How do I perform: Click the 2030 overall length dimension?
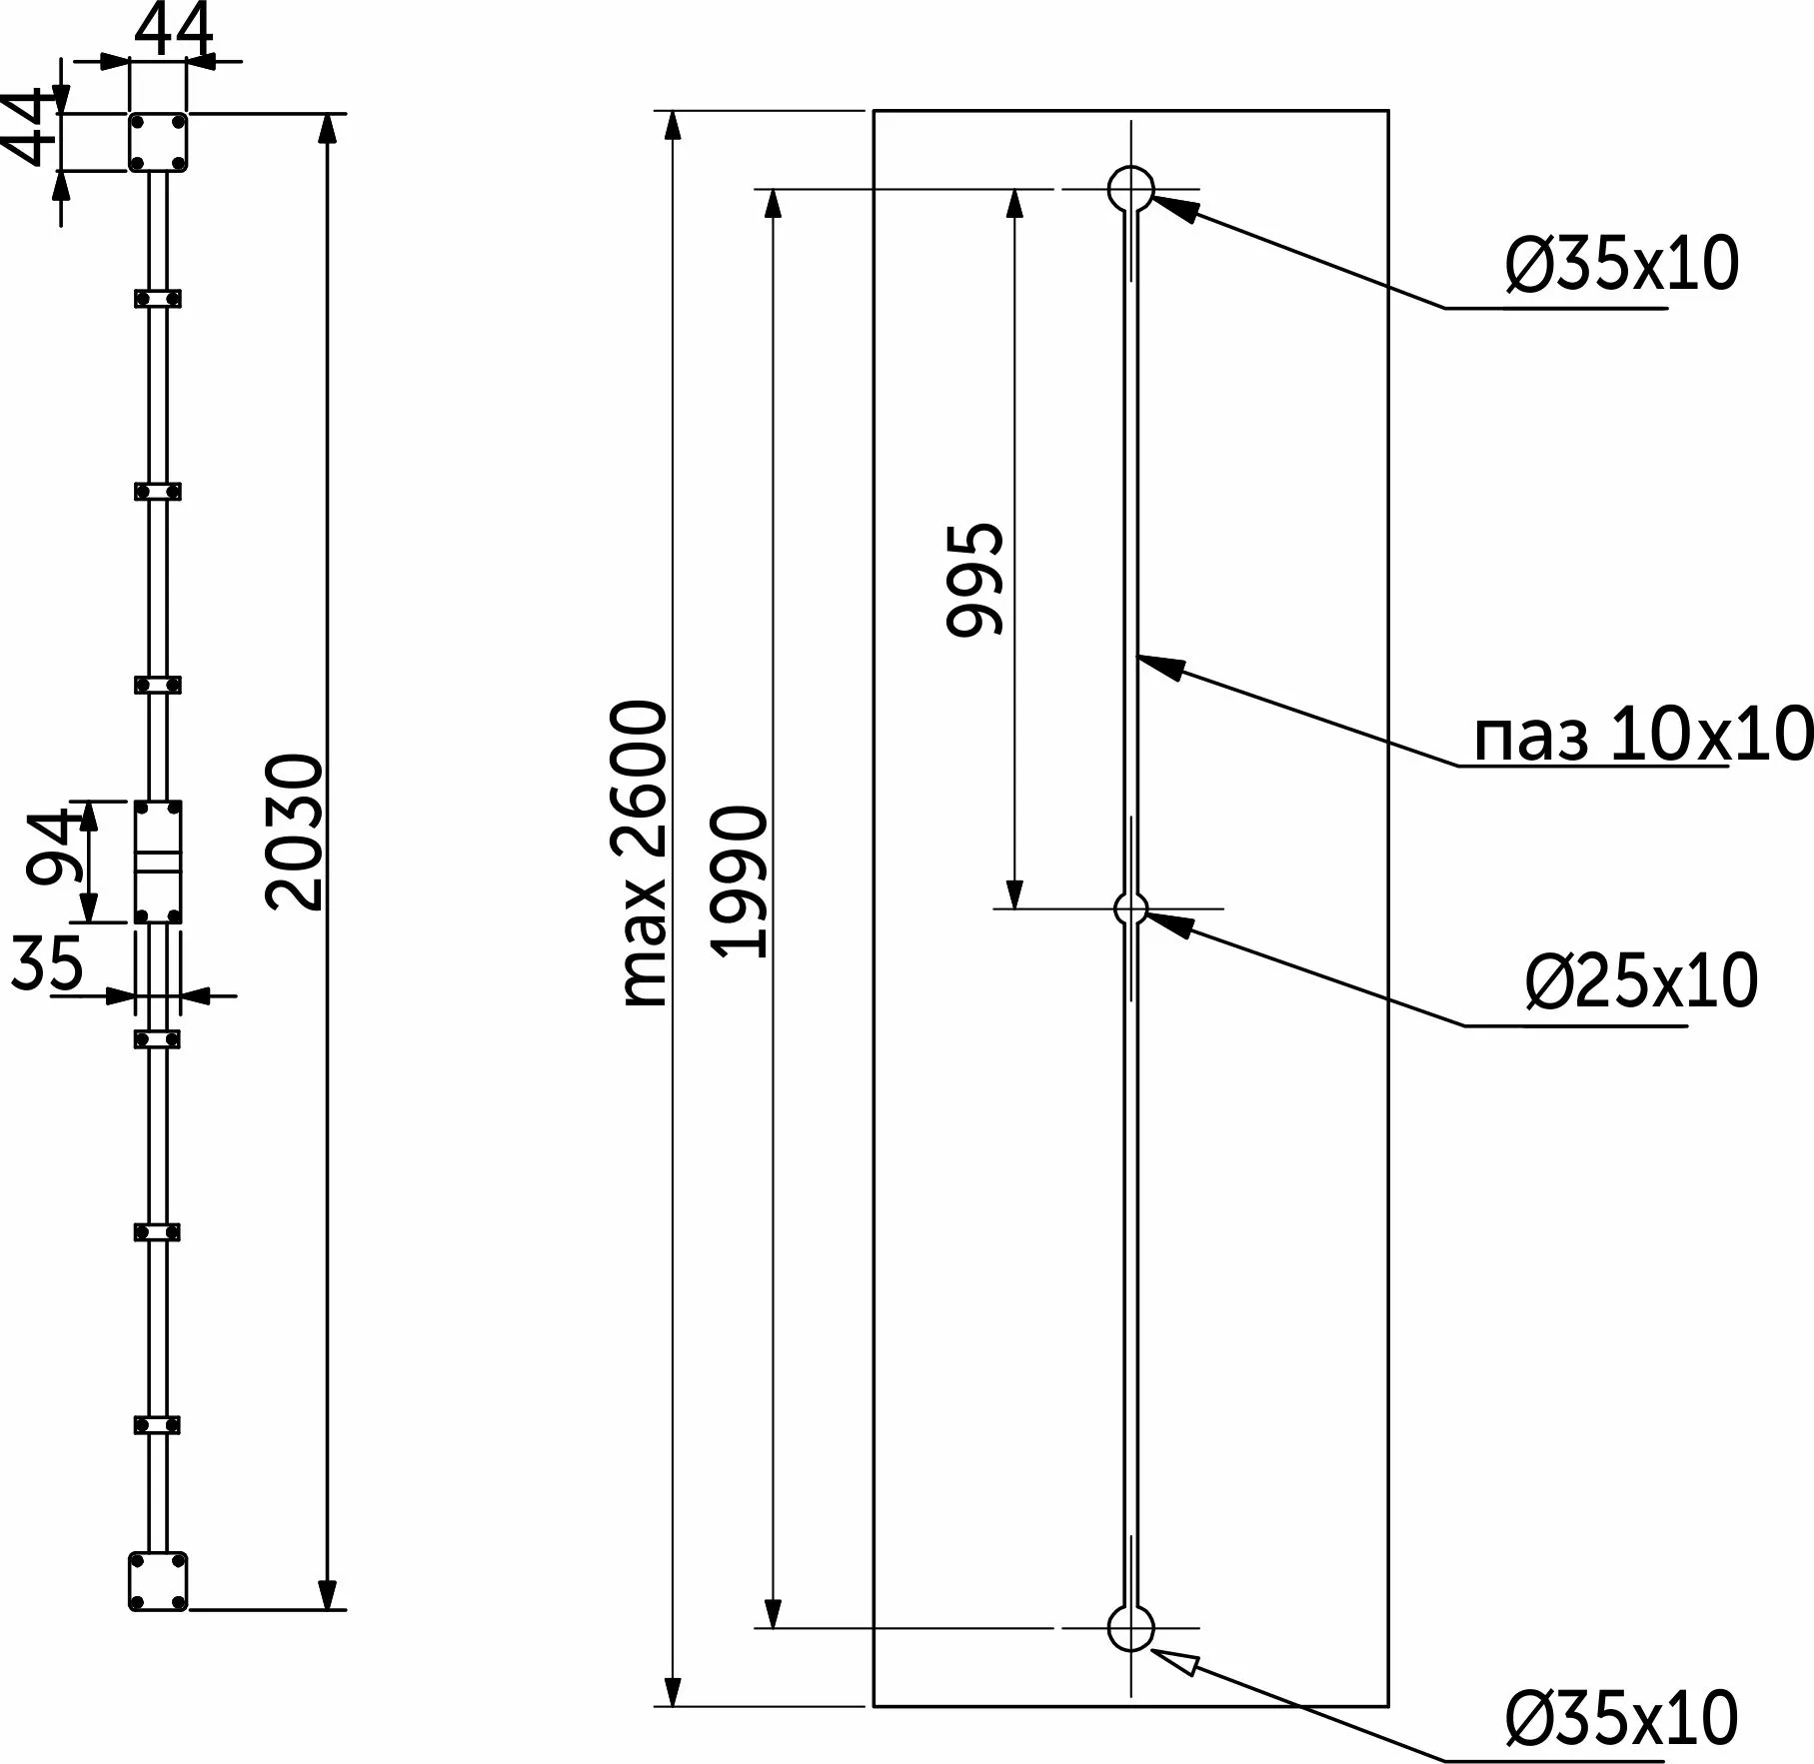(x=296, y=833)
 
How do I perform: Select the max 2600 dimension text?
(x=643, y=853)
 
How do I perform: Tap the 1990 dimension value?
(x=741, y=882)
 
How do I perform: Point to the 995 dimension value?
(x=975, y=579)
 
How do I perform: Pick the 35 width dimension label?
(x=47, y=964)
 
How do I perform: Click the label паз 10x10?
(x=1642, y=735)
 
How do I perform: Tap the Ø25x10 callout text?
(x=1640, y=981)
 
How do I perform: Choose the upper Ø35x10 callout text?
(x=1622, y=265)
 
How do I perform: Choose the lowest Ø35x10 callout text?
(x=1621, y=1718)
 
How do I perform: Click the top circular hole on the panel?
(x=1131, y=188)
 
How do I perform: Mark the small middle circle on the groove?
(x=1131, y=908)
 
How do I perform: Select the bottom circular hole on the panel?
(x=1131, y=1628)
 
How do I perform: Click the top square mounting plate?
(x=158, y=142)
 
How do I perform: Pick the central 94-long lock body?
(x=158, y=862)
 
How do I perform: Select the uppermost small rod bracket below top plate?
(x=158, y=298)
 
